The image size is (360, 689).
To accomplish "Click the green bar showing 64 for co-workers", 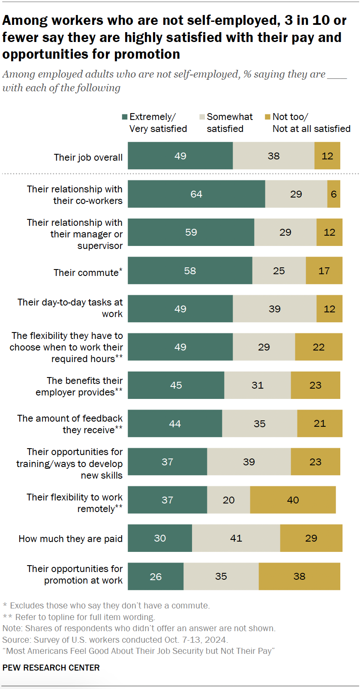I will [196, 194].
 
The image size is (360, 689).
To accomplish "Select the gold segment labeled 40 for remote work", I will [293, 500].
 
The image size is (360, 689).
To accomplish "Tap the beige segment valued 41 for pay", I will [236, 538].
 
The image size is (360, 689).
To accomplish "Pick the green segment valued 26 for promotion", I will [156, 576].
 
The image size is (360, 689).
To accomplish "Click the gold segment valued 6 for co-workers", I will [333, 194].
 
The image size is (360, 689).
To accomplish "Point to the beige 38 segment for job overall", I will [273, 156].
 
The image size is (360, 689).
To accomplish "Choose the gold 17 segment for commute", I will [324, 270].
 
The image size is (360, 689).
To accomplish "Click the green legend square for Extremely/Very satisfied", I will [125, 117].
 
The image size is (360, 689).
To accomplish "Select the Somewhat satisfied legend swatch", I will [202, 117].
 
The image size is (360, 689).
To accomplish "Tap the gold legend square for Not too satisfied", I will [267, 117].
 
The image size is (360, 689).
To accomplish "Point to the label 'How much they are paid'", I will [71, 539].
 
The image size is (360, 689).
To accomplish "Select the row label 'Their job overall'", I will [88, 157].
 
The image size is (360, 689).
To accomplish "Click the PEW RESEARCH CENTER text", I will [51, 668].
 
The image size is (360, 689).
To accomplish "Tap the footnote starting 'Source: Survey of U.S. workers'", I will [115, 640].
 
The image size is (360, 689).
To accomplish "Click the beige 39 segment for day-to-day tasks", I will [274, 309].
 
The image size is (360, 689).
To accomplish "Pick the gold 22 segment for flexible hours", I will [318, 347].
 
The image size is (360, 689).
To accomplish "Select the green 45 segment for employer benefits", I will [176, 385].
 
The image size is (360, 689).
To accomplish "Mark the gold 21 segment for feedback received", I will [320, 423].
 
